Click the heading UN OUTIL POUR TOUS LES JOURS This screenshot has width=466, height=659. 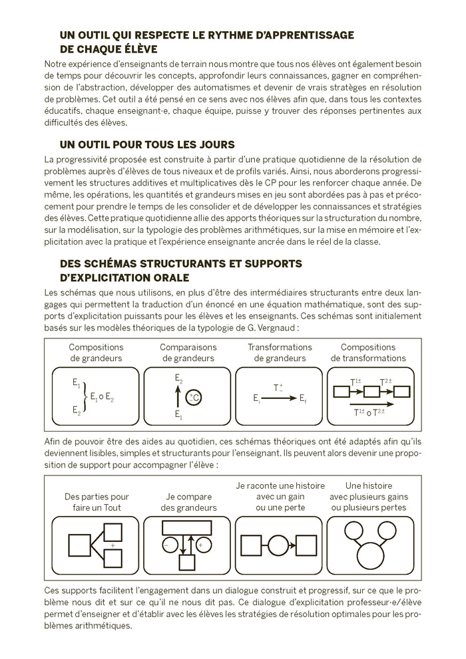pos(147,144)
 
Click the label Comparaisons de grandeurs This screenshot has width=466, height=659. pos(188,352)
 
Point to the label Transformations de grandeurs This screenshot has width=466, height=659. pos(280,352)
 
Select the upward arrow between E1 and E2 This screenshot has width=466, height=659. pos(178,398)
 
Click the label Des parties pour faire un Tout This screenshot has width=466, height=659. pos(97,502)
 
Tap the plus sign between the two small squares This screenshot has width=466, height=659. pos(113,545)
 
